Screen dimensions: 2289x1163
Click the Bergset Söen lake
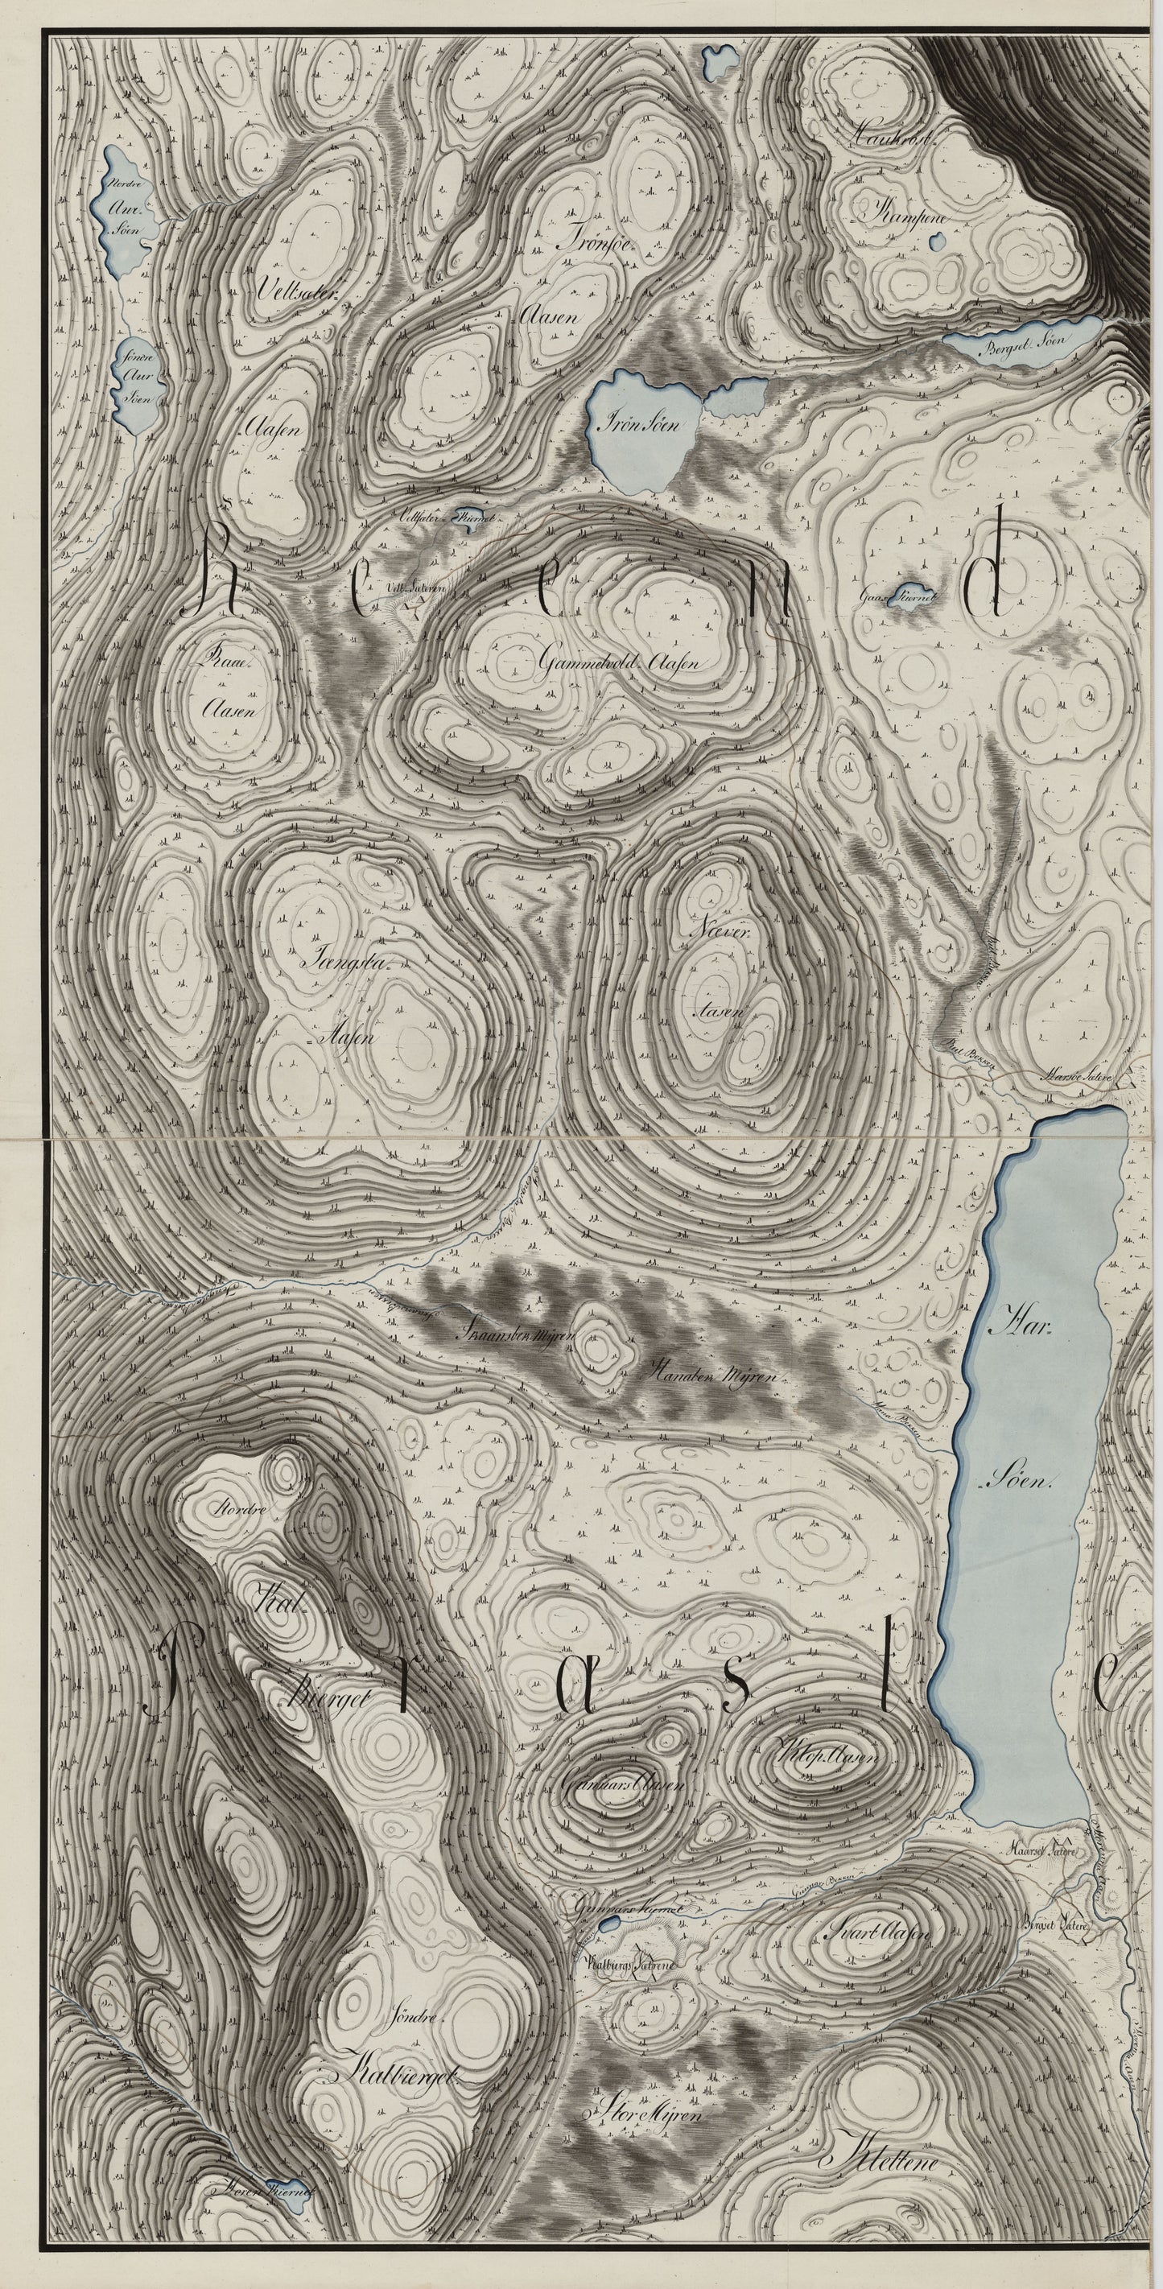1021,342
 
